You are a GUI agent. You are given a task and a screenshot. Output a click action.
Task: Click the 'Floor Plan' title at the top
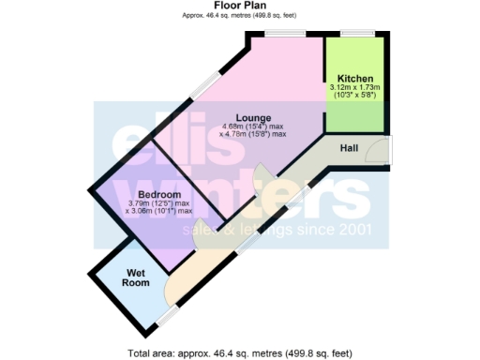(x=239, y=5)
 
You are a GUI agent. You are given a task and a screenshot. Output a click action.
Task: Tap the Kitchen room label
(x=356, y=79)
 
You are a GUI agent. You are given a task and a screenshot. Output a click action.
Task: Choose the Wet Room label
(x=137, y=277)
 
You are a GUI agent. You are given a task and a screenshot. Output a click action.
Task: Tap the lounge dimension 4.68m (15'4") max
(x=253, y=127)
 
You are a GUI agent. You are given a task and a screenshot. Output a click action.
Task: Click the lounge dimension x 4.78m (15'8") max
(x=253, y=135)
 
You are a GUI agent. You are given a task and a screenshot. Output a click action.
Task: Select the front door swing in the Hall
(x=377, y=151)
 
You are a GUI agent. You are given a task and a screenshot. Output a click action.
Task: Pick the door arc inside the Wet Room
(x=171, y=285)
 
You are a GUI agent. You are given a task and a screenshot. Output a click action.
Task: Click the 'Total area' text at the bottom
(x=239, y=353)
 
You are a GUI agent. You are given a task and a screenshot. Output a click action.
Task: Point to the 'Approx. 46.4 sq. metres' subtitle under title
(x=239, y=14)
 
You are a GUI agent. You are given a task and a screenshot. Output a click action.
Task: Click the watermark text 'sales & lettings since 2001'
(x=277, y=230)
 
